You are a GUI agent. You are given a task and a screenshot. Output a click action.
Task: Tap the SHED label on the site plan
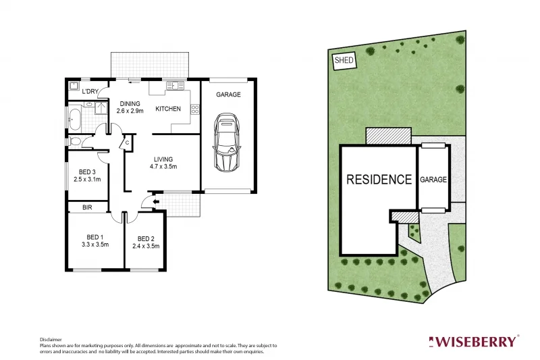[344, 60]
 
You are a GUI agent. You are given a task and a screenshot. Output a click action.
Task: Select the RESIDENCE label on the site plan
[379, 180]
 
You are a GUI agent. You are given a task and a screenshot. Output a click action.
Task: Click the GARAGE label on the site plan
[433, 180]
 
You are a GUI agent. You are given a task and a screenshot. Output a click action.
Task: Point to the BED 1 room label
[95, 237]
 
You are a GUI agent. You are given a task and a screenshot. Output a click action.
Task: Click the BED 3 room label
[87, 172]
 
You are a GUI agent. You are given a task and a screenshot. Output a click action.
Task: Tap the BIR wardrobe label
[87, 207]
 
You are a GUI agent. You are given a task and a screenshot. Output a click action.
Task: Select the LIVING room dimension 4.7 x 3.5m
[163, 167]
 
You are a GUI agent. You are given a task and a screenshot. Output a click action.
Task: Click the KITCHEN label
[168, 109]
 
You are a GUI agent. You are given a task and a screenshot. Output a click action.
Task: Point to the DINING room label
[130, 103]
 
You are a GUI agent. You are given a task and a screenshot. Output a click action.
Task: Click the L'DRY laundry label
[90, 91]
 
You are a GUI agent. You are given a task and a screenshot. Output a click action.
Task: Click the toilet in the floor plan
[76, 141]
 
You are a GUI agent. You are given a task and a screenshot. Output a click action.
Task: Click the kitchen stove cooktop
[195, 108]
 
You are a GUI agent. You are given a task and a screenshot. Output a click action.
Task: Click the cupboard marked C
[127, 143]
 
